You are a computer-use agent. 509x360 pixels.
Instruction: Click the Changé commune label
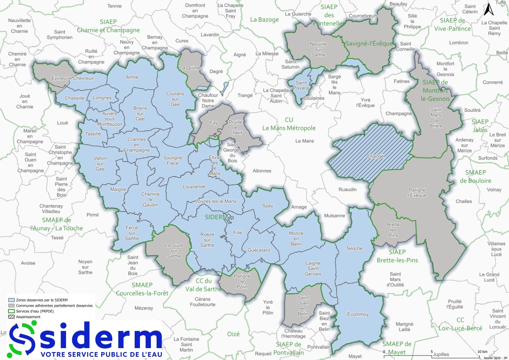(x=375, y=156)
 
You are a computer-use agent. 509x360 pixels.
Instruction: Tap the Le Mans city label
(x=304, y=141)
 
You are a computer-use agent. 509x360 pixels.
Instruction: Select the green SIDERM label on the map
(x=216, y=217)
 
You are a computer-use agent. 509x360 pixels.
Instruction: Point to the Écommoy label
(x=357, y=314)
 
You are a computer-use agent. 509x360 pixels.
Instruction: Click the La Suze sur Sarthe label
(x=173, y=250)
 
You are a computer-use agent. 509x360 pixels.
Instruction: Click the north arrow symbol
(x=487, y=9)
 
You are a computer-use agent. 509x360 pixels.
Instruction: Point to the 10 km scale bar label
(x=482, y=352)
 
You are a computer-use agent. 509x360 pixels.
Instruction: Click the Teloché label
(x=355, y=248)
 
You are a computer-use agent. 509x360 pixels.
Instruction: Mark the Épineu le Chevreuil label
(x=73, y=78)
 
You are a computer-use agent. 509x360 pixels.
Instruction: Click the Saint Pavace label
(x=301, y=85)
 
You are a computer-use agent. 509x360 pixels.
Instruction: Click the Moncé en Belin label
(x=296, y=238)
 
